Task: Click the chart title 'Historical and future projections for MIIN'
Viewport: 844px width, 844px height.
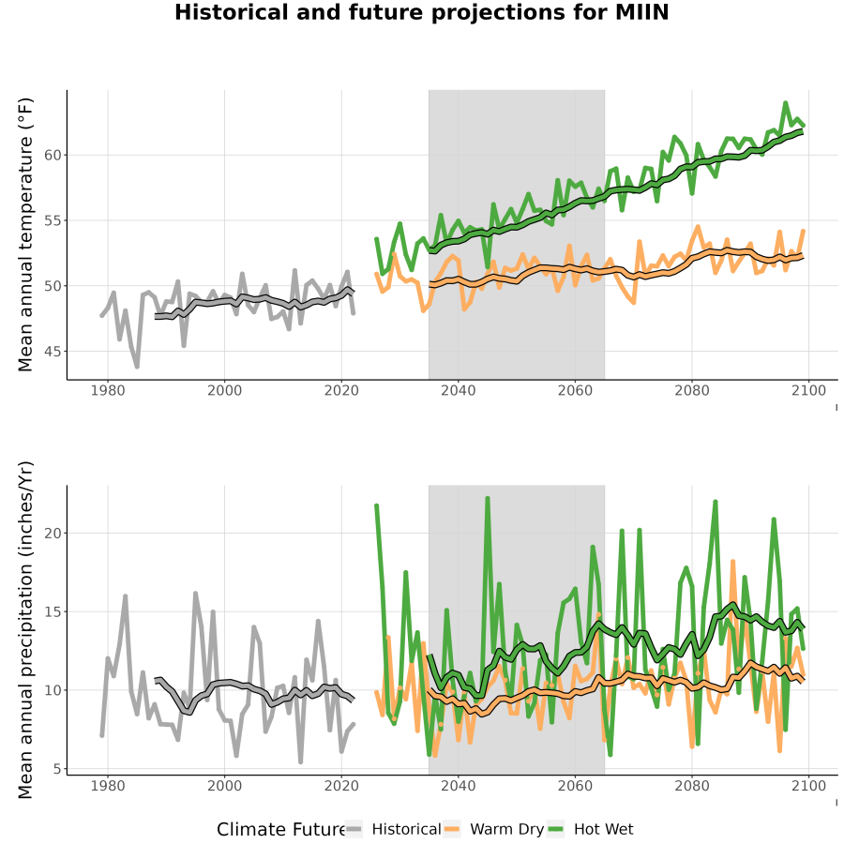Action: click(421, 12)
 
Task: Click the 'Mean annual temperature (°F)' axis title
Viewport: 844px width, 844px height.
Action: click(25, 234)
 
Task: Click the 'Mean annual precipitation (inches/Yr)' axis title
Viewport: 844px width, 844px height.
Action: click(25, 630)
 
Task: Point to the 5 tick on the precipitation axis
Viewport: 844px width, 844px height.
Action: click(56, 769)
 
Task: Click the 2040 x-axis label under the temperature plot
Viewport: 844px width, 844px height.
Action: click(458, 390)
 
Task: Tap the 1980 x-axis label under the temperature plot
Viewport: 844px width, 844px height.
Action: click(108, 390)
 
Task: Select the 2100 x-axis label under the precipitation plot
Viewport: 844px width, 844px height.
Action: click(808, 786)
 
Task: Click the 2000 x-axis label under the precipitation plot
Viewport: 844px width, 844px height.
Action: click(224, 786)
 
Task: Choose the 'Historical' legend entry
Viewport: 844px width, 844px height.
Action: click(393, 829)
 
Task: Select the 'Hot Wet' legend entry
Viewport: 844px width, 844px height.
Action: click(591, 829)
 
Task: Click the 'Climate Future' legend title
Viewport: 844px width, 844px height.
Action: click(281, 830)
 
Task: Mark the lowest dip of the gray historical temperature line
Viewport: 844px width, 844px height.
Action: click(137, 367)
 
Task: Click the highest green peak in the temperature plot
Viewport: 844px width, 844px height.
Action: click(785, 102)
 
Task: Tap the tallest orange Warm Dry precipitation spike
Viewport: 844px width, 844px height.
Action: click(732, 562)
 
